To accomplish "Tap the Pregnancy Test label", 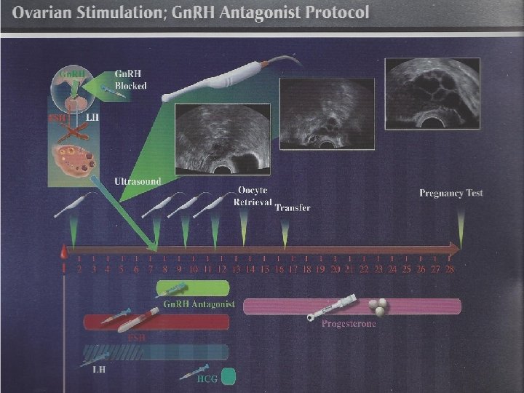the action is click(x=451, y=193).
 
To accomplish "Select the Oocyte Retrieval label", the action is click(x=253, y=196).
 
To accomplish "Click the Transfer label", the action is click(x=293, y=207).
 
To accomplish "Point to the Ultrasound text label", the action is click(x=138, y=180).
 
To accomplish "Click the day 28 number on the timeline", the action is click(x=450, y=269).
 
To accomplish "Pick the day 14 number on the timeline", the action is click(x=250, y=269).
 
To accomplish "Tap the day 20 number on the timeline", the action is click(x=336, y=269).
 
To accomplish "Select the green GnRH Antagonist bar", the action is click(x=192, y=289).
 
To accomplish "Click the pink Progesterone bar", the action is click(x=352, y=306).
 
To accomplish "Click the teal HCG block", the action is click(x=229, y=376).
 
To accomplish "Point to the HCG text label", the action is click(x=207, y=378).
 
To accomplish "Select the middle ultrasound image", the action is click(x=327, y=112).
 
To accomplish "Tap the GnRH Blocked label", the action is click(x=130, y=80).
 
